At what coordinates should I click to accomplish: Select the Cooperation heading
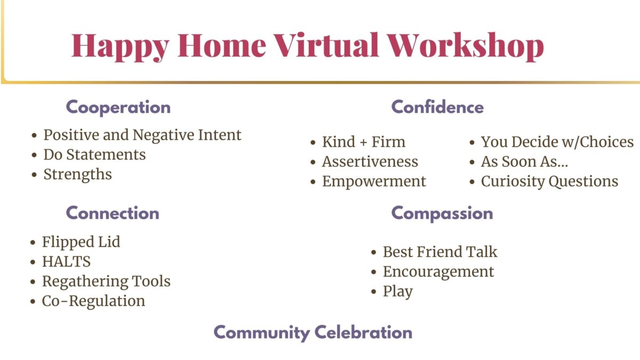click(x=118, y=108)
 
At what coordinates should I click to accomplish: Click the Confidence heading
click(x=437, y=107)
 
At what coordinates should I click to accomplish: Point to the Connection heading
click(x=113, y=213)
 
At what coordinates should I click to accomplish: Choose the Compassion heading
click(x=442, y=214)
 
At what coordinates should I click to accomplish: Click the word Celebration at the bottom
click(x=363, y=332)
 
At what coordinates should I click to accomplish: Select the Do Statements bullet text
click(x=94, y=155)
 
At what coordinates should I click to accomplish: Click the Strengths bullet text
click(x=77, y=174)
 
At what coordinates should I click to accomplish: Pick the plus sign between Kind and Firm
click(x=363, y=142)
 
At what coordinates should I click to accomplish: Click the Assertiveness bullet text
click(x=370, y=162)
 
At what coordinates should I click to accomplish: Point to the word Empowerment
click(x=374, y=182)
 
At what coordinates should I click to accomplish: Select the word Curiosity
click(x=513, y=182)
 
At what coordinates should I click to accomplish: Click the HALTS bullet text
click(x=66, y=261)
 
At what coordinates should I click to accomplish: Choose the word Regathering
click(x=85, y=282)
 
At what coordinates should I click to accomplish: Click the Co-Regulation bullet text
click(x=93, y=301)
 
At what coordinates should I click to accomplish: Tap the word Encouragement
click(x=438, y=272)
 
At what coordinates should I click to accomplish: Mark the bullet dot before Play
click(x=374, y=292)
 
